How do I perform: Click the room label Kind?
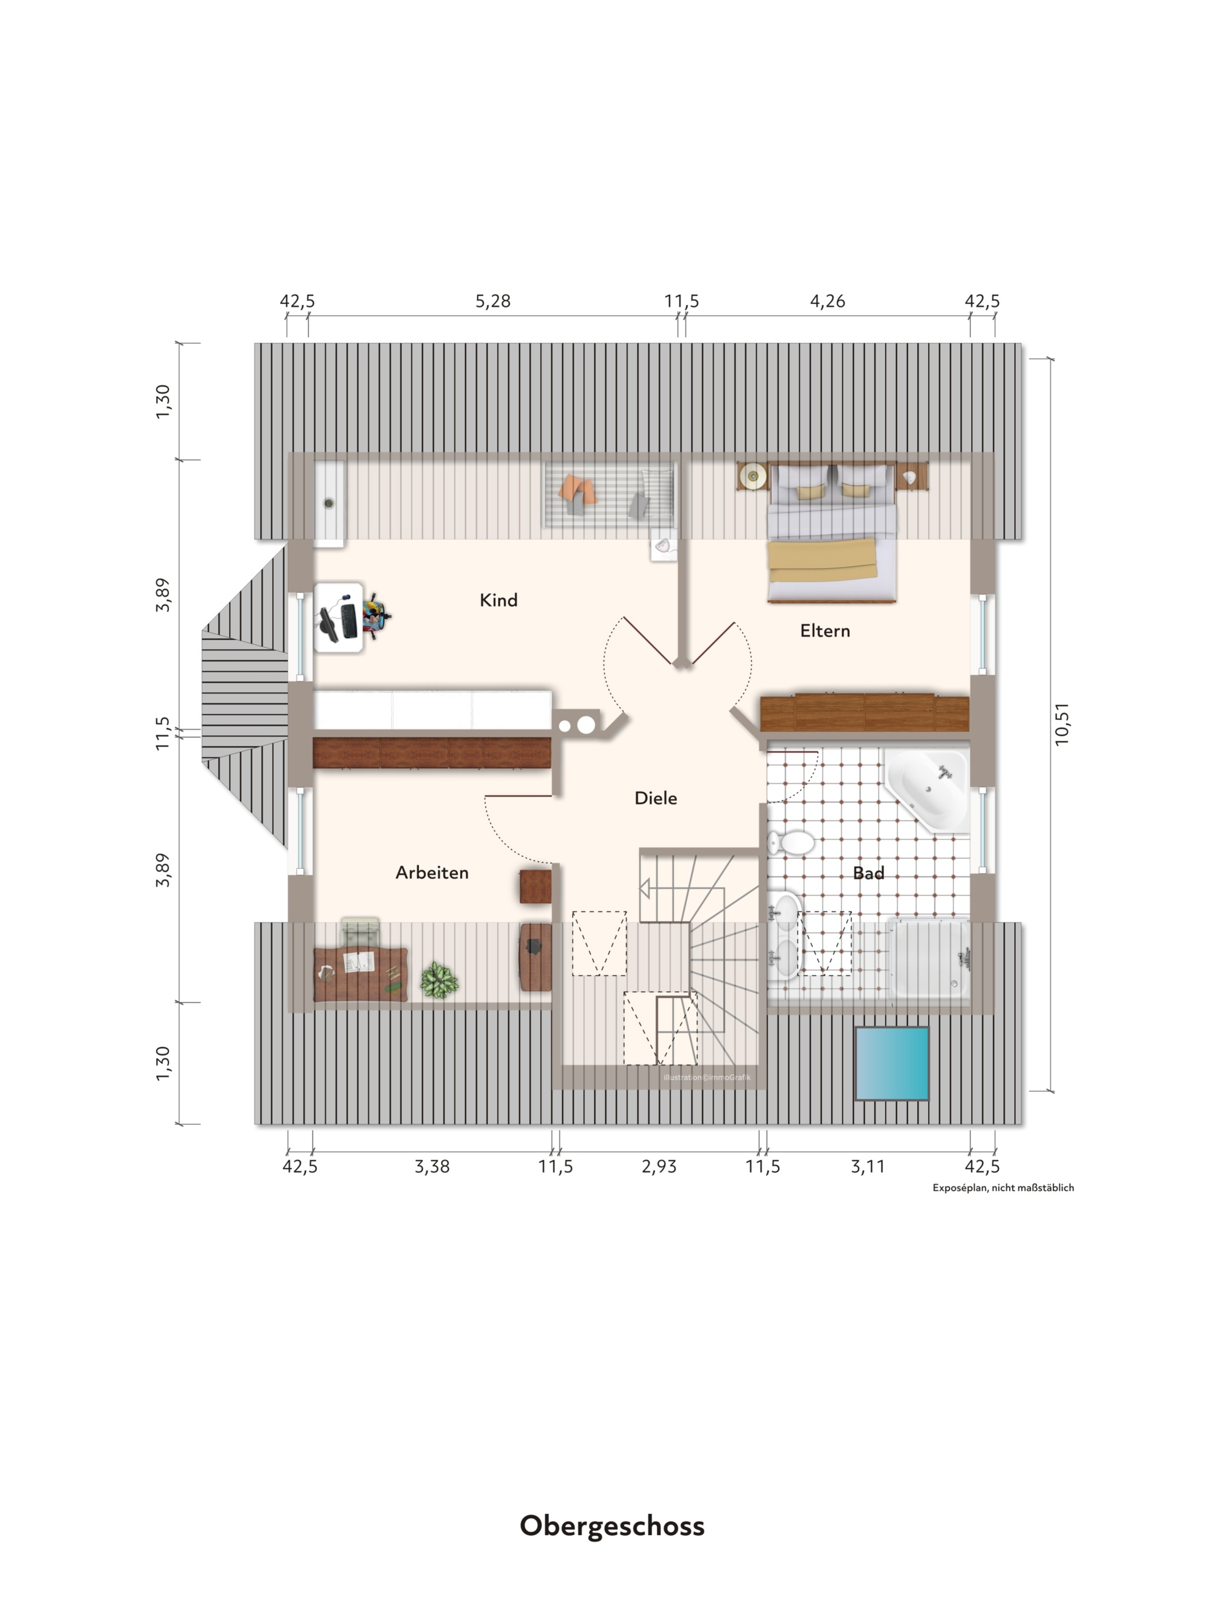[x=498, y=600]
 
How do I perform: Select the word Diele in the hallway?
[x=655, y=798]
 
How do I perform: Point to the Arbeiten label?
[x=432, y=873]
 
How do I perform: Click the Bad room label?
[x=868, y=873]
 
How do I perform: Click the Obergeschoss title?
[x=612, y=1525]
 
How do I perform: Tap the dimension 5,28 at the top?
[x=493, y=301]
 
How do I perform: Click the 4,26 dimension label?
[x=827, y=301]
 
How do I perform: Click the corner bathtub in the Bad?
[x=927, y=788]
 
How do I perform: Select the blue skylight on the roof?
[x=892, y=1063]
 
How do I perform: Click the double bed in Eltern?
[x=831, y=533]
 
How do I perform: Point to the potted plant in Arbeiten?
[x=439, y=980]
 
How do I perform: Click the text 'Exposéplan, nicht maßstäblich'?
[x=1003, y=1188]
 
